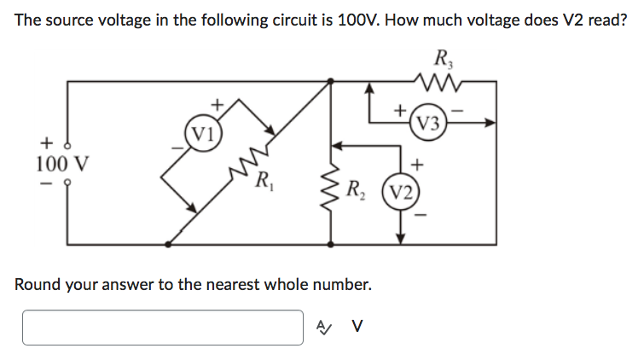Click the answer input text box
coord(162,327)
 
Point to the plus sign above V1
coord(217,104)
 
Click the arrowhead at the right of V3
coord(491,122)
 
